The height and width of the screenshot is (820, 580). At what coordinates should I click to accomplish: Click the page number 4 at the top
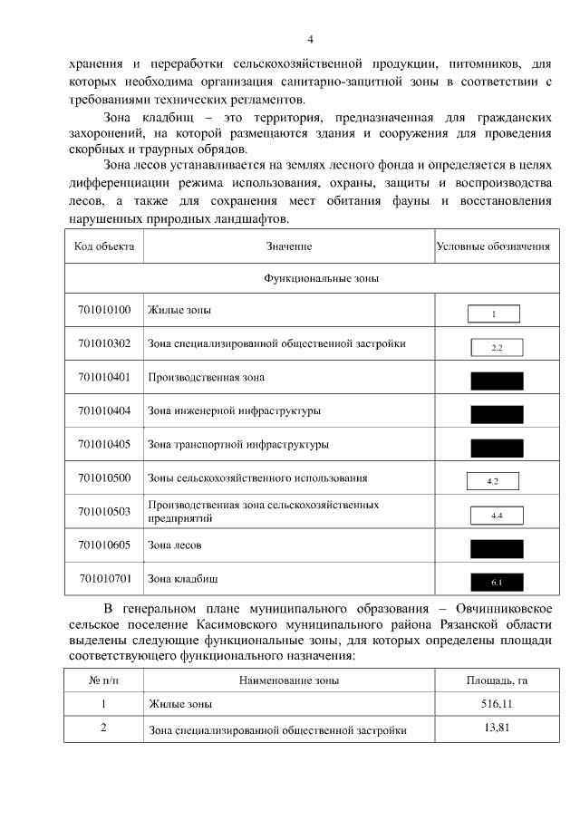coord(310,39)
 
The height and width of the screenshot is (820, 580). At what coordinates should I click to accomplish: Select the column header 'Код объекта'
coord(103,246)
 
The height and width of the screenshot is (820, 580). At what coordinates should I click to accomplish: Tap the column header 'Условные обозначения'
coord(493,246)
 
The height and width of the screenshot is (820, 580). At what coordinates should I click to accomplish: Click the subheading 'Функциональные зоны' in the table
coord(321,279)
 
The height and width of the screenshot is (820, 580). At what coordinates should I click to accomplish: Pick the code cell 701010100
coord(104,311)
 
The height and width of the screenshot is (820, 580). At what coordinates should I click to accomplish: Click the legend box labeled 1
coord(494,314)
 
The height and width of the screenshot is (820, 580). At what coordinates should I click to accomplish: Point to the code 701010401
coord(104,377)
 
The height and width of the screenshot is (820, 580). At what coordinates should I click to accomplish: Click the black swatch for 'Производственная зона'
coord(497,381)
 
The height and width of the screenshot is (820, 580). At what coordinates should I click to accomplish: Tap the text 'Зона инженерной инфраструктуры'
coord(234,411)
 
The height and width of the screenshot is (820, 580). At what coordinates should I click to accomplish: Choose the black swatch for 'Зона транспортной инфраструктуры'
coord(497,448)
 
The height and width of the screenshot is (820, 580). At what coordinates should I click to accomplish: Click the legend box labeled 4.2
coord(492,481)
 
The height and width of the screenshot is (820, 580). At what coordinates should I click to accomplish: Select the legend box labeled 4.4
coord(497,515)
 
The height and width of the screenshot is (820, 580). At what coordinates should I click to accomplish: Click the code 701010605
coord(104,545)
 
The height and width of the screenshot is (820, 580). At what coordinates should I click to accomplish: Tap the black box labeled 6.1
coord(497,582)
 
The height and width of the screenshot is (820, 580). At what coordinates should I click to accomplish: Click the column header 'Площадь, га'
coord(497,679)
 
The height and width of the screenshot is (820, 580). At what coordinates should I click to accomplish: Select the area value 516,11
coord(497,704)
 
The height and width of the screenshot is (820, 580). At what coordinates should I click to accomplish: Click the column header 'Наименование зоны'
coord(289,679)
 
